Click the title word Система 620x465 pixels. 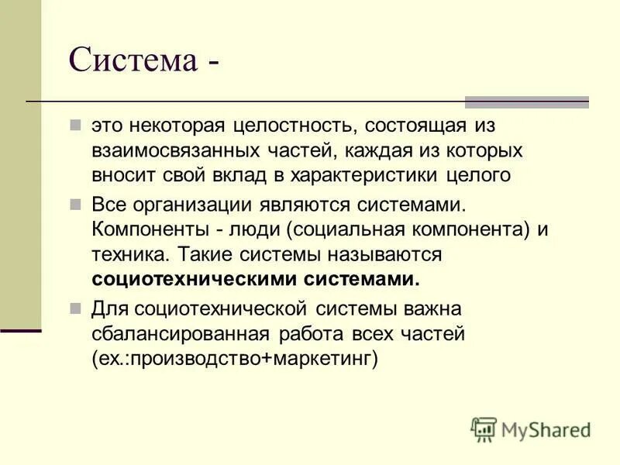133,60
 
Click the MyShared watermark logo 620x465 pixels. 532,429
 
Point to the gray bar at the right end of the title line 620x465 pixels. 526,102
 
